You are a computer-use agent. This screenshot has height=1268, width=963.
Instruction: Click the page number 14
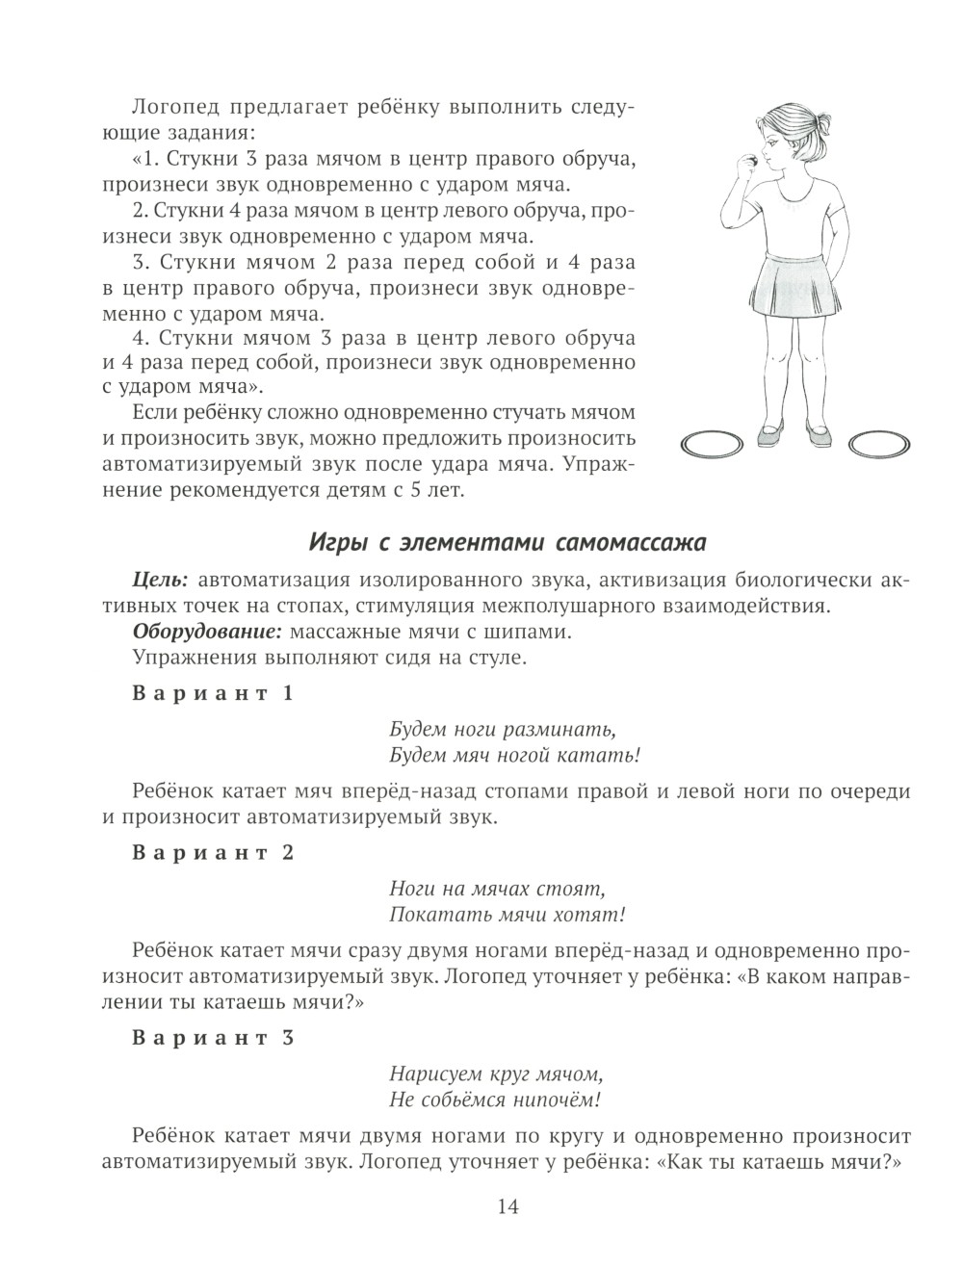coord(508,1205)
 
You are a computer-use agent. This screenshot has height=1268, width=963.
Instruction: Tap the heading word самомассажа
coord(631,543)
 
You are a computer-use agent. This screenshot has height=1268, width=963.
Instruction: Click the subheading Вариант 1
coord(213,693)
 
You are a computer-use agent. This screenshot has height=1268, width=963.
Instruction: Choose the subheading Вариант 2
coord(213,853)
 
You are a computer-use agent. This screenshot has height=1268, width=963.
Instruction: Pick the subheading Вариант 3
coord(213,1039)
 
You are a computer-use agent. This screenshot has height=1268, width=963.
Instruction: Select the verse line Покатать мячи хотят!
coord(508,914)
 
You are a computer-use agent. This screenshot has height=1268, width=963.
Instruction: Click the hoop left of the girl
coord(713,445)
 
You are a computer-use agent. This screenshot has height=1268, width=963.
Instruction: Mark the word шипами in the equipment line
coord(538,633)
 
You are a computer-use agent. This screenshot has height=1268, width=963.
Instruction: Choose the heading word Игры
coord(335,543)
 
